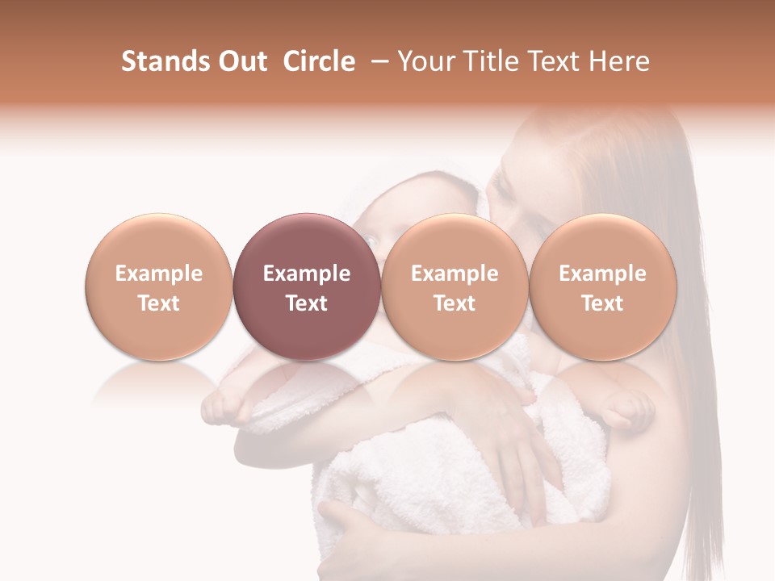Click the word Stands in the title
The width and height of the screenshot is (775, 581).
click(165, 61)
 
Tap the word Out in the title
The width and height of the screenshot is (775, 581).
click(241, 61)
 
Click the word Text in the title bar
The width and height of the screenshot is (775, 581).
click(555, 61)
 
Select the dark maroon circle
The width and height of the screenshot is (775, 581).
click(306, 286)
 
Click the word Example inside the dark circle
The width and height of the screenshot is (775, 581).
click(306, 274)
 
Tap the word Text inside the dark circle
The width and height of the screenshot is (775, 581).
click(306, 303)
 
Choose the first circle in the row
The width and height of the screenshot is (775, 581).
click(158, 286)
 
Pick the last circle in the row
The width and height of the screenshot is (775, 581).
click(602, 286)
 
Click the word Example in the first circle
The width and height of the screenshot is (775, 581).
click(158, 274)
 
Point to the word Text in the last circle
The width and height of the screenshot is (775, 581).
click(602, 303)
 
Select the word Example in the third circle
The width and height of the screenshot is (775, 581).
click(455, 274)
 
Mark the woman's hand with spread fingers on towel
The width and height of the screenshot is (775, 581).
click(517, 428)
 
